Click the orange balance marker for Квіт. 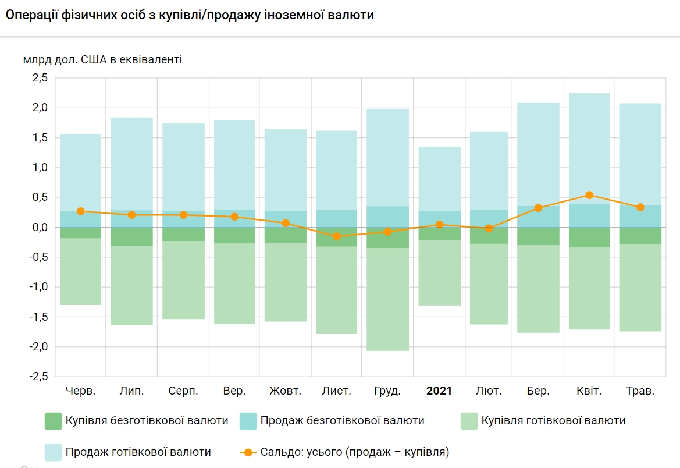589,195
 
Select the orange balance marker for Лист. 337,236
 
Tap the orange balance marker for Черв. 80,211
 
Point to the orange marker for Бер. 538,208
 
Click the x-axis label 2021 439,391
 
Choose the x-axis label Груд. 387,391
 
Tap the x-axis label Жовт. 286,391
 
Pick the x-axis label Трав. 640,391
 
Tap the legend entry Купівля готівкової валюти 553,421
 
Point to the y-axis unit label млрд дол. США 102,59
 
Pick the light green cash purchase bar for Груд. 388,299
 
